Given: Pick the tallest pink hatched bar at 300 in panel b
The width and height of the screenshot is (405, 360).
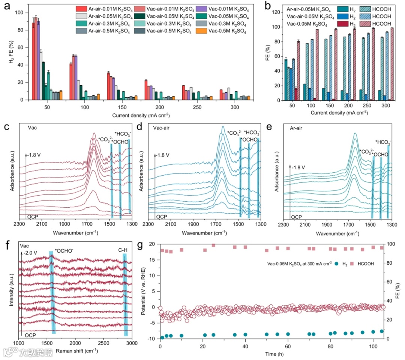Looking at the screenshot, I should click(381, 64).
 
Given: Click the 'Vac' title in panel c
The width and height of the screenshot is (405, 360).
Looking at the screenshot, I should click(33, 127).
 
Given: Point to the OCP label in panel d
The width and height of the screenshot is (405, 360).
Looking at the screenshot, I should click(162, 217).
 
